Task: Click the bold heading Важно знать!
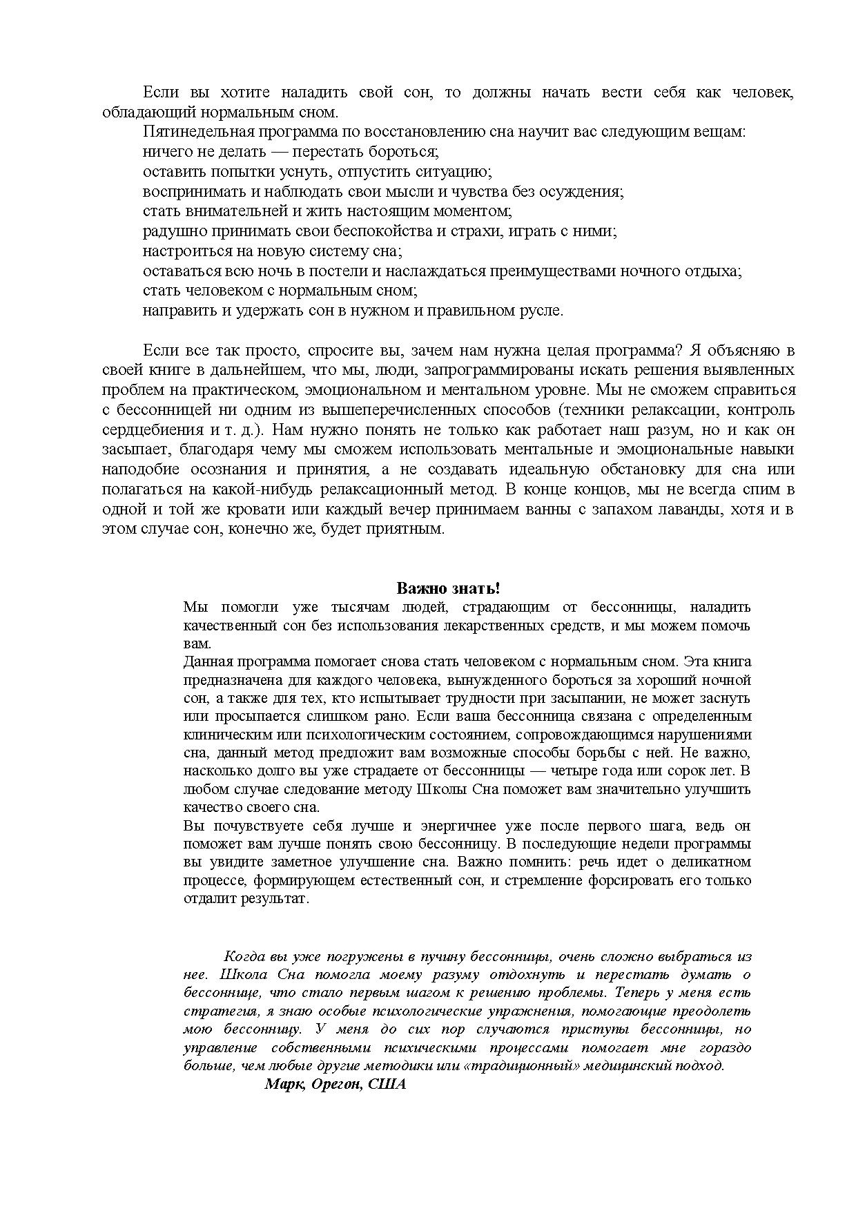point(447,588)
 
